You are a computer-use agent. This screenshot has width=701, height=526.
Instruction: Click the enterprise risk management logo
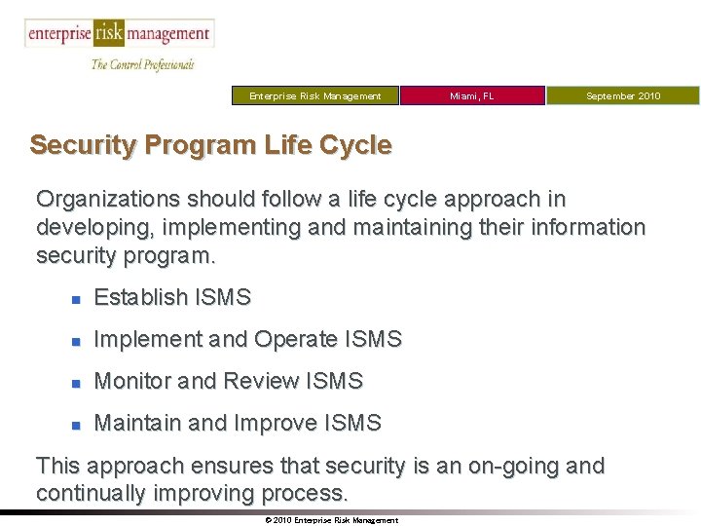[119, 34]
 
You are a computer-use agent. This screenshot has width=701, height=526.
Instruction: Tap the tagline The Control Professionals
[142, 64]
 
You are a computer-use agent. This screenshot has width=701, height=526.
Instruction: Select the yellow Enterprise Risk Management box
[314, 95]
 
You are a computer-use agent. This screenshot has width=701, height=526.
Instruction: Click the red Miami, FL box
[472, 95]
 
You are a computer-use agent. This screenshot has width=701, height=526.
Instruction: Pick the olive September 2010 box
[622, 95]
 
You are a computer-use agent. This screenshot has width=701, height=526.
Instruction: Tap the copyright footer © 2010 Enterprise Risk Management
[331, 520]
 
